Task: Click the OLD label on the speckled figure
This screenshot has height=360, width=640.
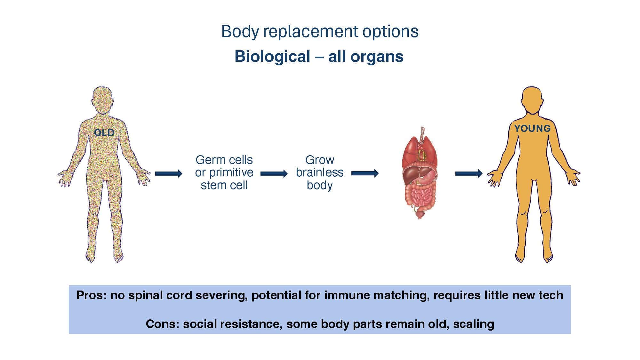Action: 104,132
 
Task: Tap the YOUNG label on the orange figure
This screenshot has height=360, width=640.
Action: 532,128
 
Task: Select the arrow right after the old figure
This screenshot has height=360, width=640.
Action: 169,174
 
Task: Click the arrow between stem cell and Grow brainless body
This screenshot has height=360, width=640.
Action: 274,174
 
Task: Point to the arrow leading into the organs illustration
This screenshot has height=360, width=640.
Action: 365,173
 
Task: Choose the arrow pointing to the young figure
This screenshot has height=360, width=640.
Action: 469,173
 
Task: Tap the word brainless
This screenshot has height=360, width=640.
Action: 320,172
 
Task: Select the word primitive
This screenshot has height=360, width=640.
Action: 230,172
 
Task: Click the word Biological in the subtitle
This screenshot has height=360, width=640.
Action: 272,57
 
